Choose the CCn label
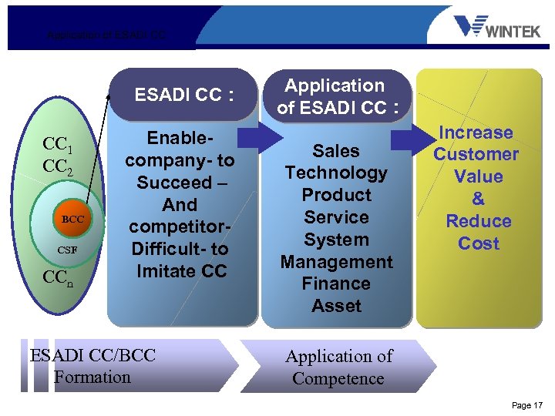pyautogui.click(x=59, y=278)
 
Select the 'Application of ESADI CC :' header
pyautogui.click(x=336, y=96)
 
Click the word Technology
pyautogui.click(x=336, y=173)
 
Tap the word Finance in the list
pyautogui.click(x=336, y=283)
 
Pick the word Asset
pyautogui.click(x=336, y=306)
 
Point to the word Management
pyautogui.click(x=336, y=262)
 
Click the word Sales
pyautogui.click(x=336, y=151)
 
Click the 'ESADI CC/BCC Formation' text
pyautogui.click(x=92, y=366)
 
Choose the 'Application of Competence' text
pyautogui.click(x=338, y=367)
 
